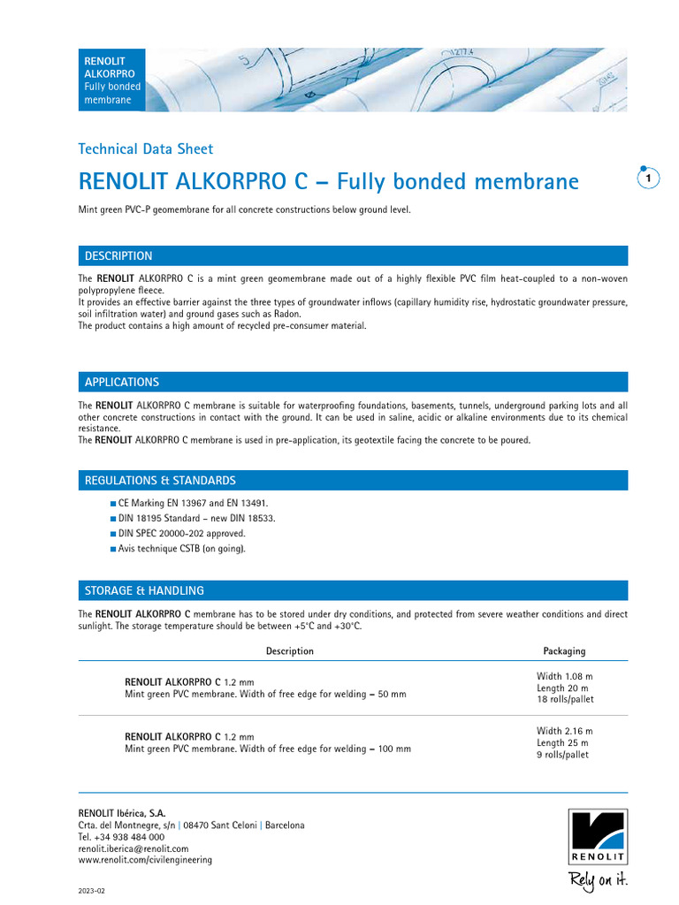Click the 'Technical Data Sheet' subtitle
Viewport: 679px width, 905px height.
point(146,149)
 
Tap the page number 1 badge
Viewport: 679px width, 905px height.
point(648,179)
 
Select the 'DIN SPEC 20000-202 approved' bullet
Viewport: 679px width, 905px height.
point(181,533)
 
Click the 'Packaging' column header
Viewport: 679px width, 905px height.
point(564,651)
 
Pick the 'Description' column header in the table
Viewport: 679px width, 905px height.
point(289,651)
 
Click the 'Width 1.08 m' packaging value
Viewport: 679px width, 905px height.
point(564,676)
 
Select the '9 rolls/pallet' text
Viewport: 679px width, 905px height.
point(562,755)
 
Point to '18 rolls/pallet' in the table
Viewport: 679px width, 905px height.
point(565,699)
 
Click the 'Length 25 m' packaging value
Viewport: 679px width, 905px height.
point(562,743)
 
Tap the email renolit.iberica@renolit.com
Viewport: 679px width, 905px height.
point(134,848)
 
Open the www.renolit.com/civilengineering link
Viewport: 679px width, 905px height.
point(145,860)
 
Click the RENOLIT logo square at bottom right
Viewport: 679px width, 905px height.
point(598,836)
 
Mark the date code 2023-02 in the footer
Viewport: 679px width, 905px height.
point(92,891)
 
